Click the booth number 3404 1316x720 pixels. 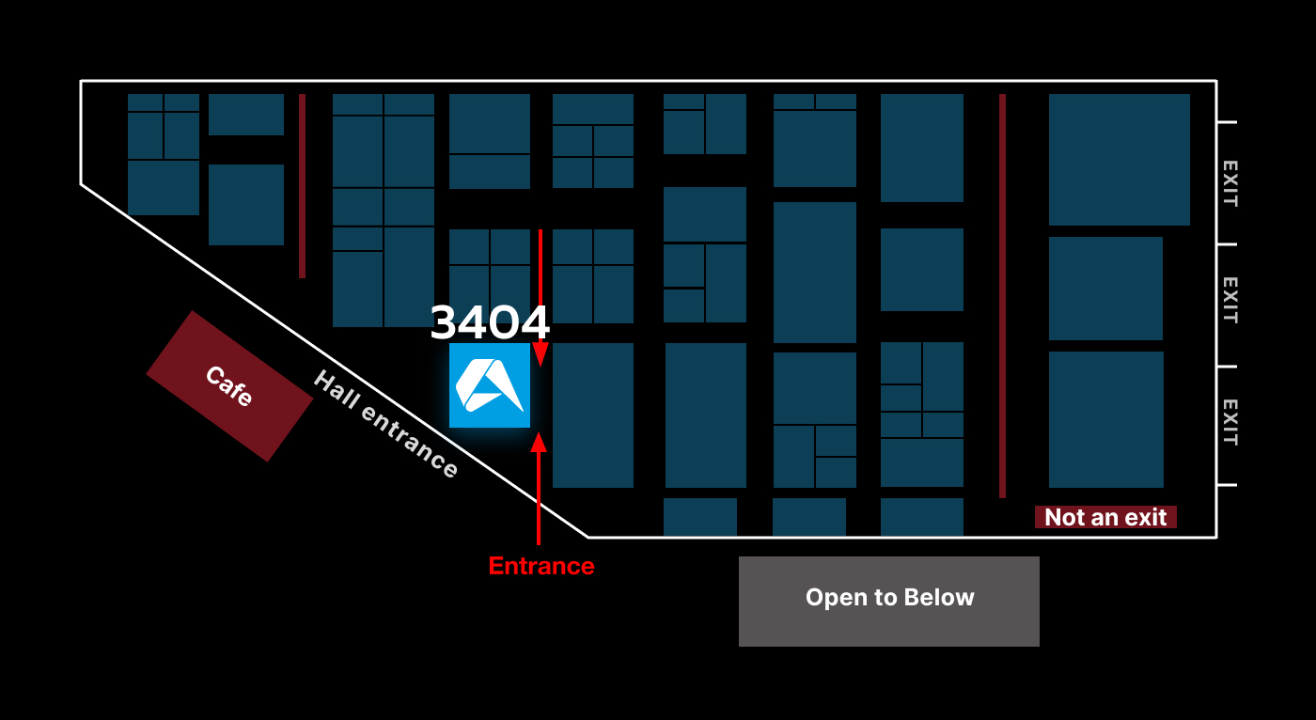(490, 321)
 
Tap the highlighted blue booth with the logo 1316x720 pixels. (490, 385)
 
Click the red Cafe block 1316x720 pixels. (229, 385)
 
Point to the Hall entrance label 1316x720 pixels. (385, 423)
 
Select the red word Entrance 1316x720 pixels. (541, 566)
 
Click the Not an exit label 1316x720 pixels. (1105, 517)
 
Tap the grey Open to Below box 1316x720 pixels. (889, 602)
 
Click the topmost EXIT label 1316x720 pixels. (1230, 184)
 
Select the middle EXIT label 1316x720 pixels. (1230, 300)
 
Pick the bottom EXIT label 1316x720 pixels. (1230, 422)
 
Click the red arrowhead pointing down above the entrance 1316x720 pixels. (540, 354)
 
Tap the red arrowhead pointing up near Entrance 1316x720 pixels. (539, 443)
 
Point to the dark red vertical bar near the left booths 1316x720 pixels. (302, 185)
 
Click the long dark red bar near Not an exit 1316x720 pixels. (1002, 296)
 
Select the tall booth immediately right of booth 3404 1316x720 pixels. (593, 415)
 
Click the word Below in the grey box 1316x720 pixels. (939, 597)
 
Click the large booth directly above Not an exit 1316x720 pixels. (1106, 419)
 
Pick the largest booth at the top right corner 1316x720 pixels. (1120, 159)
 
